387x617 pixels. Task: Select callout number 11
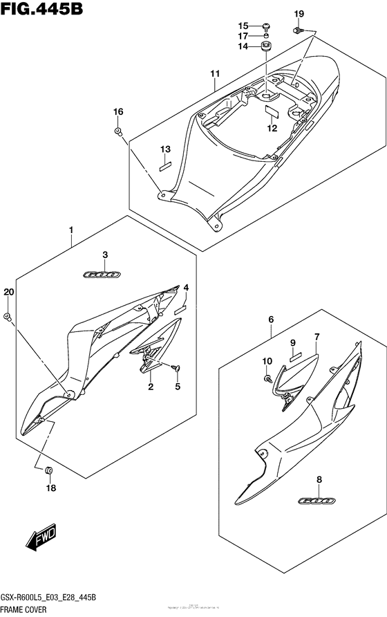[215, 73]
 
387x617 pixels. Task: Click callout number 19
[299, 14]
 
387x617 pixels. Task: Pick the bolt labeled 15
[267, 26]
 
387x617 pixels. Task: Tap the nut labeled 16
[118, 131]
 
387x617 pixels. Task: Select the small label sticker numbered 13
[164, 165]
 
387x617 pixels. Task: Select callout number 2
[150, 387]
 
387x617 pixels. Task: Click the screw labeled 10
[267, 378]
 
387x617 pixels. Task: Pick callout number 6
[272, 319]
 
